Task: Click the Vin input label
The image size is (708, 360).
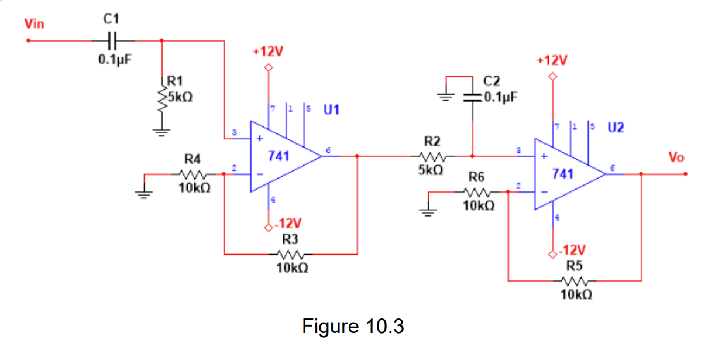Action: pyautogui.click(x=34, y=24)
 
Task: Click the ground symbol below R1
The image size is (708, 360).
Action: pyautogui.click(x=161, y=132)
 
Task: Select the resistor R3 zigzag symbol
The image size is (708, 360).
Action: pyautogui.click(x=290, y=255)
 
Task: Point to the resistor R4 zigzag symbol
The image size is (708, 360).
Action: pyautogui.click(x=192, y=174)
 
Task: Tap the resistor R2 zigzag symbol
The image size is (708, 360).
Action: pyautogui.click(x=434, y=157)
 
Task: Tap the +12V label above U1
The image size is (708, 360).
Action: pyautogui.click(x=268, y=52)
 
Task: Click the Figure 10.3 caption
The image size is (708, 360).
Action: pyautogui.click(x=353, y=326)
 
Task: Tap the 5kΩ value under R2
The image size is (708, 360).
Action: pyautogui.click(x=431, y=171)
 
